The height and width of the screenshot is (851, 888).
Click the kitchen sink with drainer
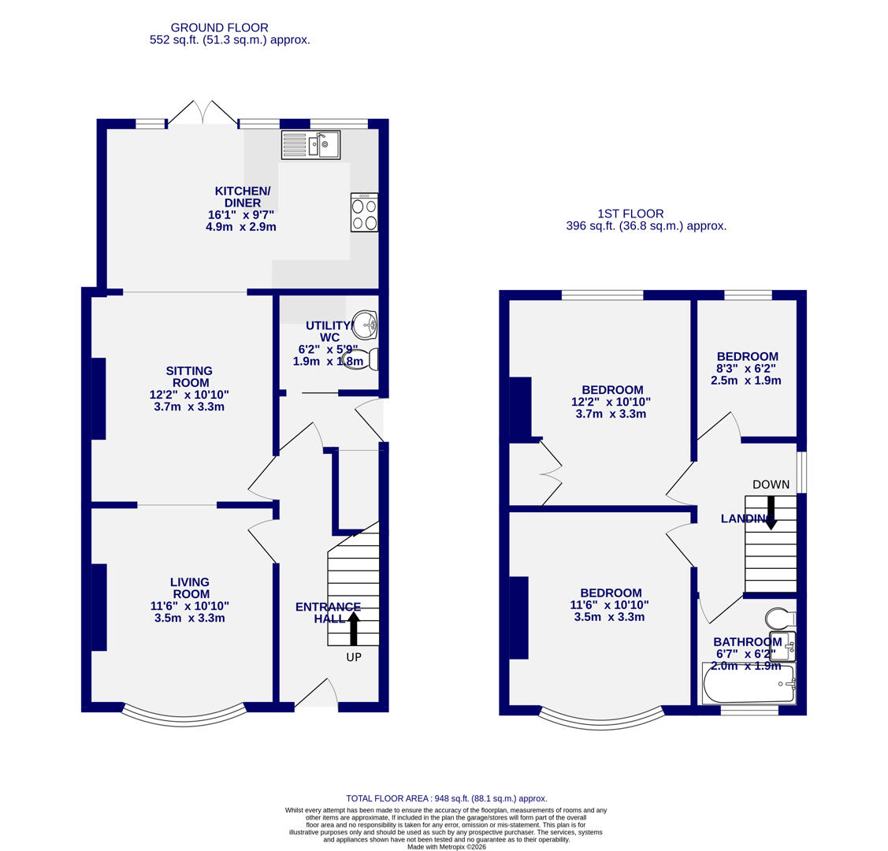coord(310,145)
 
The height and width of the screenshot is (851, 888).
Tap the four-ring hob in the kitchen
coord(364,213)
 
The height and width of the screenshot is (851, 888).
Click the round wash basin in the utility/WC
coord(365,324)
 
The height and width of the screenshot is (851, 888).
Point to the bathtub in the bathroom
coord(749,683)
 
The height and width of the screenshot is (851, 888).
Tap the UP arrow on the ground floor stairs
coord(354,628)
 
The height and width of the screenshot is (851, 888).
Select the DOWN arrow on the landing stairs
coord(771,512)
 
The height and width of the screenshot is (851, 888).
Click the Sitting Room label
coord(189,377)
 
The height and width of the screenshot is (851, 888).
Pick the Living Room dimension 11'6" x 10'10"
coord(190,606)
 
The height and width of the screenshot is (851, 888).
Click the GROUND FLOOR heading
coord(219,28)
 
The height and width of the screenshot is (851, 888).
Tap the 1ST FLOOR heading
coord(630,214)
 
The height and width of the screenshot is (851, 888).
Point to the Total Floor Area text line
coord(446,798)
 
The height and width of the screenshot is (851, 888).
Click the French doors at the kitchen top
coord(202,114)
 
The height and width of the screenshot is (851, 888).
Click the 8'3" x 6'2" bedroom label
coord(746,368)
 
